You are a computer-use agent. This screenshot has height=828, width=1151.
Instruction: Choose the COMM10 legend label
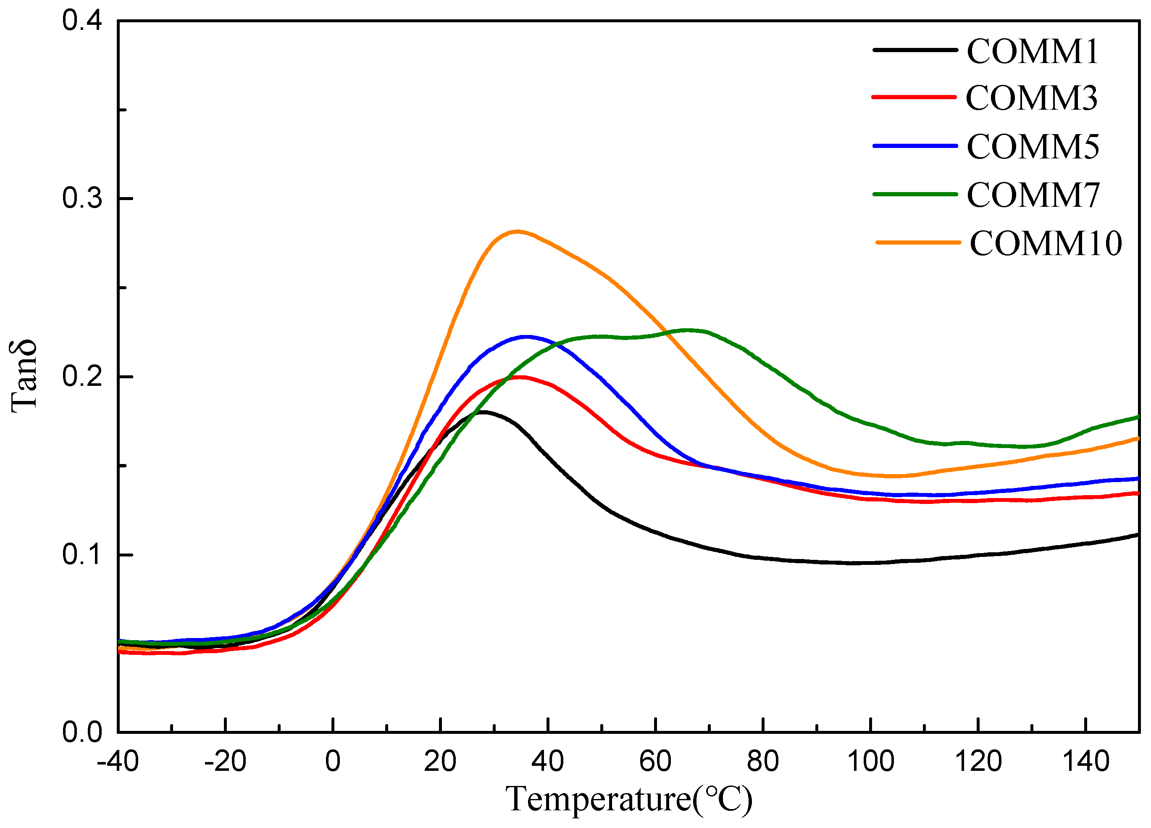click(1046, 243)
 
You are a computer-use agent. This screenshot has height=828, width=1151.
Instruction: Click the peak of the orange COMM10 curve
click(517, 232)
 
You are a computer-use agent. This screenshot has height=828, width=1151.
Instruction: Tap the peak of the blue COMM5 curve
click(526, 337)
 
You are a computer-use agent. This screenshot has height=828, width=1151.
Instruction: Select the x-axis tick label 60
click(655, 762)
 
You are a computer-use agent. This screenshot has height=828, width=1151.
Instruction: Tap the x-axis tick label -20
click(225, 762)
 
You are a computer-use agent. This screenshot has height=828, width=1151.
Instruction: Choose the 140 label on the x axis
click(1085, 762)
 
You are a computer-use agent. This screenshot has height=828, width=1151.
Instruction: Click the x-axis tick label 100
click(870, 762)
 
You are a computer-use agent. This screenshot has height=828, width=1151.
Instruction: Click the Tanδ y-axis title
click(24, 376)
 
